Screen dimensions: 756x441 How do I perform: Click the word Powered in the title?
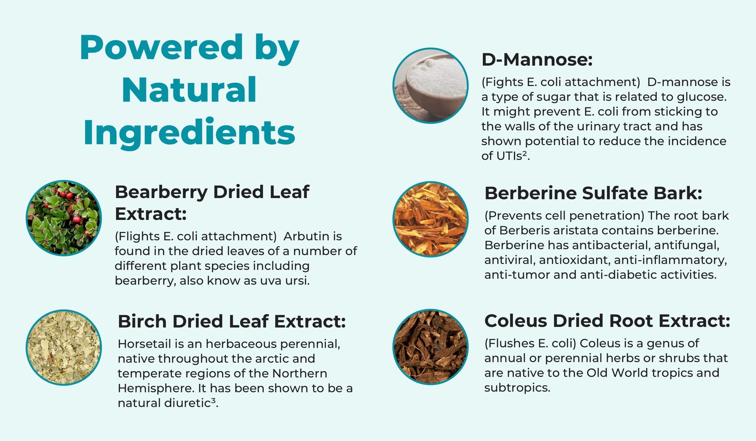161,47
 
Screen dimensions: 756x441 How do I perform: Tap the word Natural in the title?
189,90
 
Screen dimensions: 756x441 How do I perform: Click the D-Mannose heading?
537,60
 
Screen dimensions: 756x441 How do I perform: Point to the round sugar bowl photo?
431,86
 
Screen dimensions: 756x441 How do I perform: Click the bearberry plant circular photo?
64,218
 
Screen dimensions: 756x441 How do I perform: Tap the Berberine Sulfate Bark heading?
593,193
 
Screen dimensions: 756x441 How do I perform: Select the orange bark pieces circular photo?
431,219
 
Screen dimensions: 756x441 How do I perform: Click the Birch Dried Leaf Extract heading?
232,321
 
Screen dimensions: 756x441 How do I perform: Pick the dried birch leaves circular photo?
64,347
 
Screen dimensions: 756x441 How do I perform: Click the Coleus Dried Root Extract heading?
607,321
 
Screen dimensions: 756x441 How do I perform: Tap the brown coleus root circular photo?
431,347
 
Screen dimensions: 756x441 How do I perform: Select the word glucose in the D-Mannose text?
702,97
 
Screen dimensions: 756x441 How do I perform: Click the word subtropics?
517,388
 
